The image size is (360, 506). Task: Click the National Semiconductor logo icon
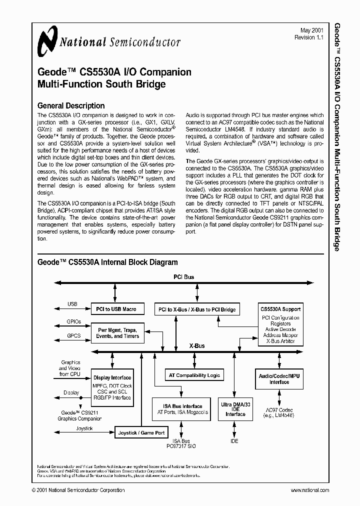point(48,40)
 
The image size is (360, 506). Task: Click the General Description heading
point(71,105)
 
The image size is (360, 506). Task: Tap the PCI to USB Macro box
point(117,309)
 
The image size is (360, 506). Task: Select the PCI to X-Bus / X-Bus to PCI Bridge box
point(196,309)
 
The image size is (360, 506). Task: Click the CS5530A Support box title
point(280,309)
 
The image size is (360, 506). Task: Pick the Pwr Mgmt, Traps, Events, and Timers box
point(117,333)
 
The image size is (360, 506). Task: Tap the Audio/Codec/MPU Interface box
point(279,378)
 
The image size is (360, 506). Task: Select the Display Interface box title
point(112,377)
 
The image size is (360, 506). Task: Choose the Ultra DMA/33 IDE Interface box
point(235,408)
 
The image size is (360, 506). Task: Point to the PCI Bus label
point(183,277)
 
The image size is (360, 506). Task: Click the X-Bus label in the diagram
point(196,346)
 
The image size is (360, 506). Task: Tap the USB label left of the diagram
point(72,304)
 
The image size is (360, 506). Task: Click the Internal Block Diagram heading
point(107,262)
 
